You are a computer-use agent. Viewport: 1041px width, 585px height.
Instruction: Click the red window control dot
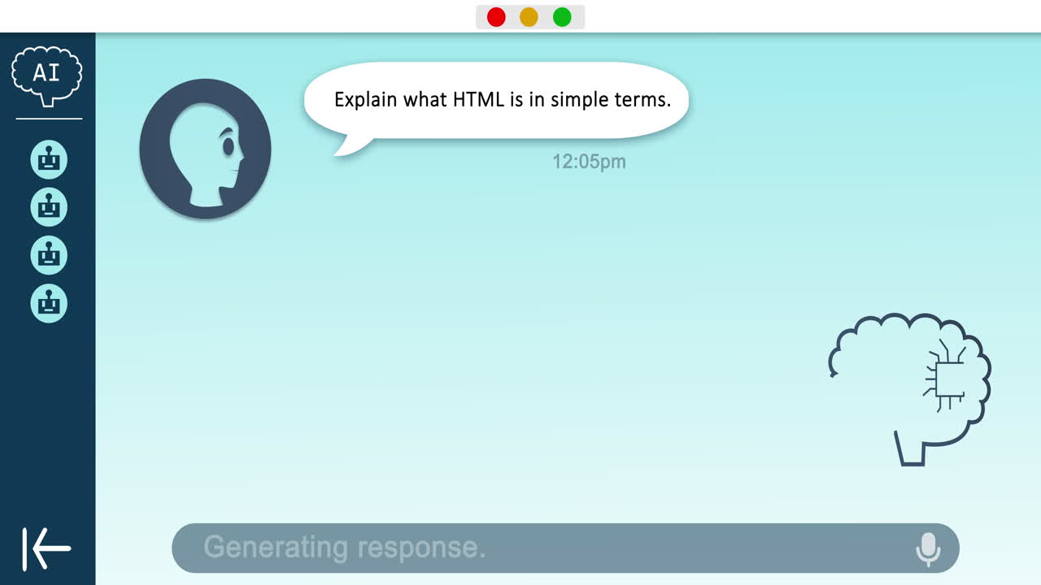pyautogui.click(x=496, y=17)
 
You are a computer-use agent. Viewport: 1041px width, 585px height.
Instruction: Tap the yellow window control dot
pyautogui.click(x=529, y=17)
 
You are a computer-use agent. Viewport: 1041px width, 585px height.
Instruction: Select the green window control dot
pyautogui.click(x=562, y=17)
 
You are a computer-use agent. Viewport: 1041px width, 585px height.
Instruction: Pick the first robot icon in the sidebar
pyautogui.click(x=49, y=159)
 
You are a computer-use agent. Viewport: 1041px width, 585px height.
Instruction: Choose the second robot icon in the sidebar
pyautogui.click(x=49, y=207)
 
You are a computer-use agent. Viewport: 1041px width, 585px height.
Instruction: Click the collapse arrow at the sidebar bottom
pyautogui.click(x=47, y=548)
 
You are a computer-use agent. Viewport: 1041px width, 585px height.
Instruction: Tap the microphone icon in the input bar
pyautogui.click(x=928, y=549)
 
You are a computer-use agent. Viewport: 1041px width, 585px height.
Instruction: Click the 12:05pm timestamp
pyautogui.click(x=589, y=162)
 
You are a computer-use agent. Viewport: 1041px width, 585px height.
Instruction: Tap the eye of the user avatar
pyautogui.click(x=229, y=146)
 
